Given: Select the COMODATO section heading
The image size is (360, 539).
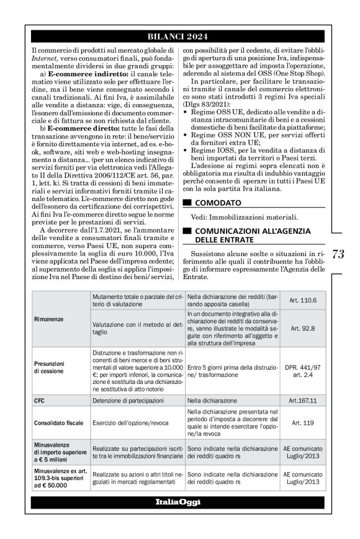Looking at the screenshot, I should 216,202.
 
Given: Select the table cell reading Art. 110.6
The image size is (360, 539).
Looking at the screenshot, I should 302,300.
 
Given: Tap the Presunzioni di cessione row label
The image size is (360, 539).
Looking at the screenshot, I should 52,370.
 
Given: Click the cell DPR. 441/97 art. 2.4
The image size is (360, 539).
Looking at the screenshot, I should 302,370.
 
